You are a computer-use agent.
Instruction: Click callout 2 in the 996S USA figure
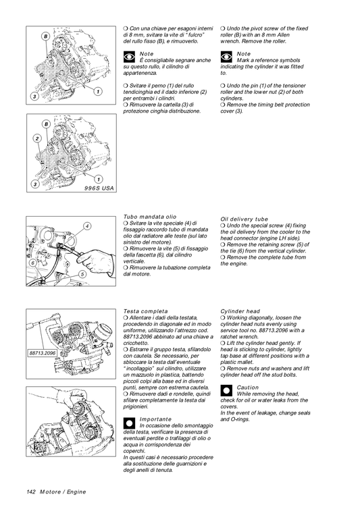coord(36,139)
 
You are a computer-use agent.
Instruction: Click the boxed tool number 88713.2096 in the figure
coord(42,352)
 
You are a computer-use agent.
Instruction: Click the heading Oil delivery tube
coord(244,219)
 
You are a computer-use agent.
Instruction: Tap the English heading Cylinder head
coord(240,311)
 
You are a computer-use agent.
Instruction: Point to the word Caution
coord(248,387)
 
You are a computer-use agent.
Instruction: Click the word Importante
coord(155,419)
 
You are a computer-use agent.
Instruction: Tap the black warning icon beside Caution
coord(226,390)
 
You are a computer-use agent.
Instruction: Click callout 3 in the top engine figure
coord(33,97)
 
